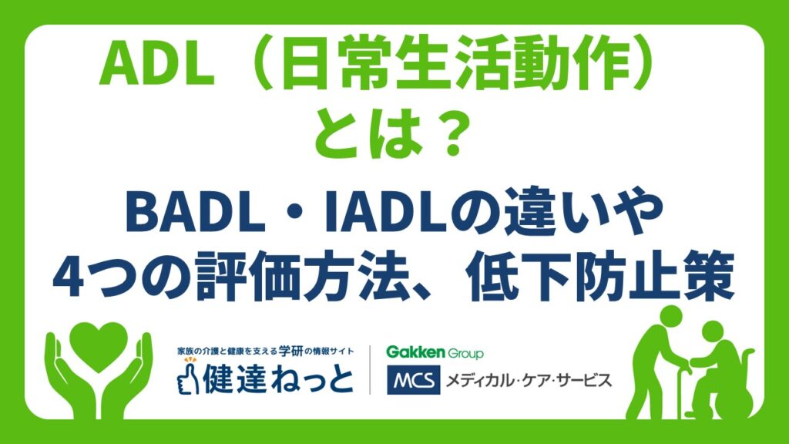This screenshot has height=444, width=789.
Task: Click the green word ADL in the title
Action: [x=157, y=66]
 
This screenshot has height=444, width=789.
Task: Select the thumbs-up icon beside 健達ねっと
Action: [x=188, y=376]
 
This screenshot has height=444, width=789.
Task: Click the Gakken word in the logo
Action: [x=415, y=351]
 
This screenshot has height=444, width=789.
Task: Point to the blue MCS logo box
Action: [x=414, y=379]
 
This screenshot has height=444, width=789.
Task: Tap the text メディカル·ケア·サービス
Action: [x=529, y=380]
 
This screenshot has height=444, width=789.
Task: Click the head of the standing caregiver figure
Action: [x=671, y=318]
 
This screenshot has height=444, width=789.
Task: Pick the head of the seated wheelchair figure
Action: [x=713, y=333]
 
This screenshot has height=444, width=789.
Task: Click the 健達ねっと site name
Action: [x=277, y=379]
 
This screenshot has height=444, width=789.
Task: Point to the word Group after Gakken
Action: [x=465, y=353]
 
